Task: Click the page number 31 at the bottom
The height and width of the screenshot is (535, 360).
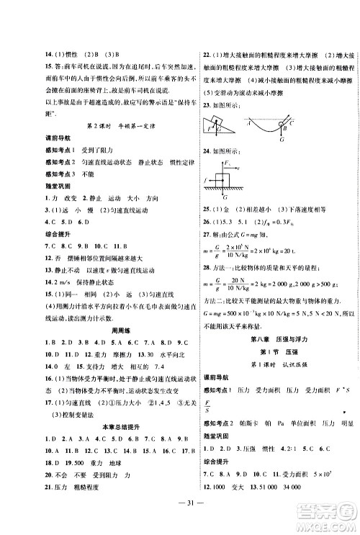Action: point(180,521)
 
